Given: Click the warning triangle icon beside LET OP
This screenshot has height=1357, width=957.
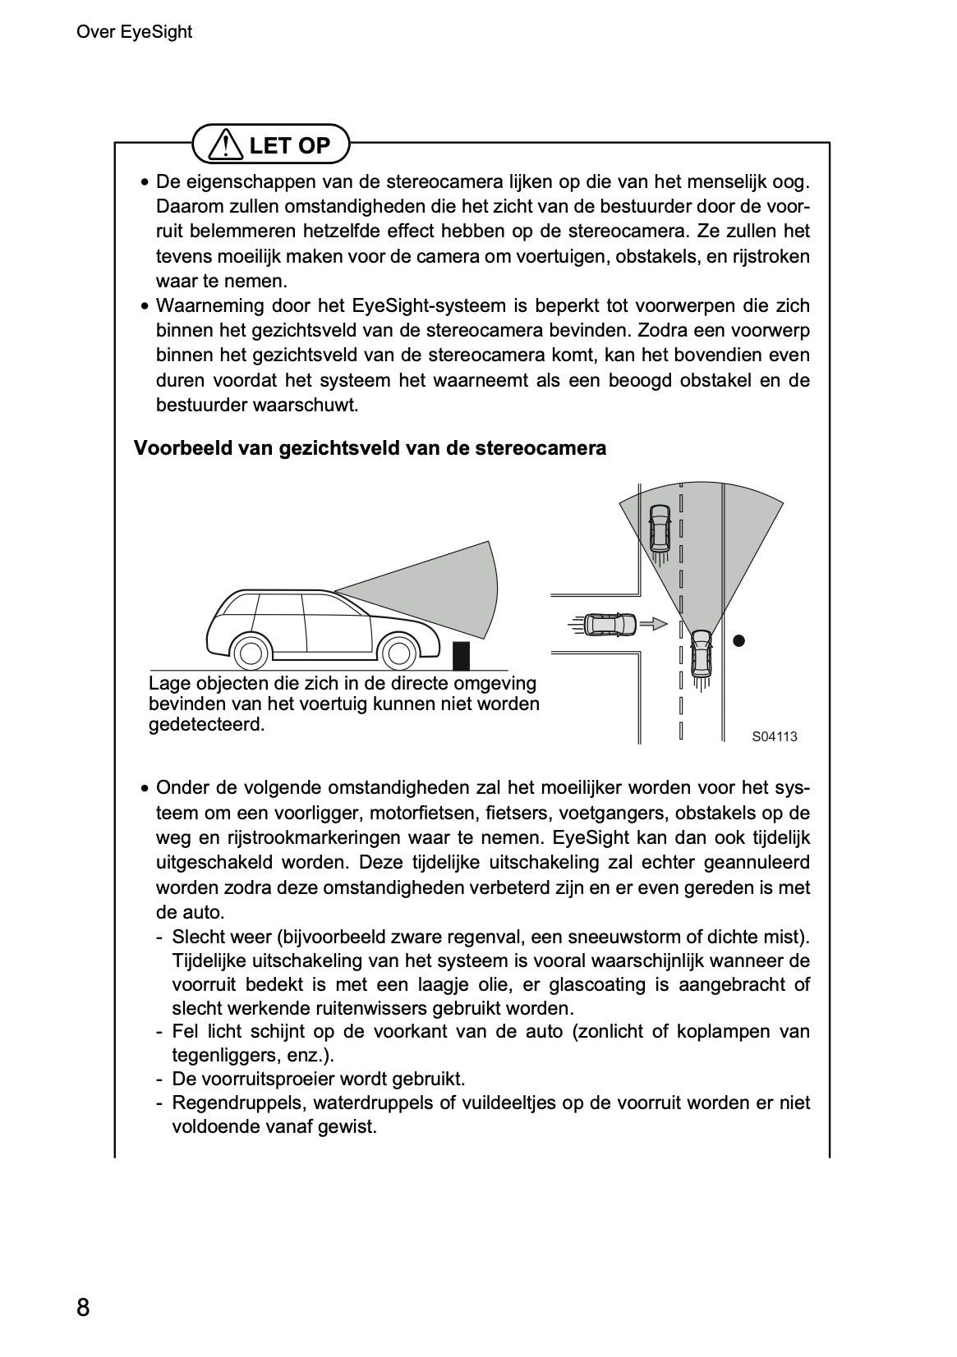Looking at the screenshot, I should click(223, 145).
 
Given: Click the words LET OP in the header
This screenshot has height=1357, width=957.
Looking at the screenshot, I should click(289, 146).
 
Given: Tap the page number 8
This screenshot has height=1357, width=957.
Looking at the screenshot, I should click(83, 1306).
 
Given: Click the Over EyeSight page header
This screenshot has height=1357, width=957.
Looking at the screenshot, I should click(134, 32).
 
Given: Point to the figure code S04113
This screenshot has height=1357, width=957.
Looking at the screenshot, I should click(774, 736).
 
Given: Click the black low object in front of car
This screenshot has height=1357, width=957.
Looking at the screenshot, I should click(462, 655).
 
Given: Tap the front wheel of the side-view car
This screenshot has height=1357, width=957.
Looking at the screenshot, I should click(398, 652).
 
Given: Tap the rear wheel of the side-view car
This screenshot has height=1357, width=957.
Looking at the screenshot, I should click(249, 652).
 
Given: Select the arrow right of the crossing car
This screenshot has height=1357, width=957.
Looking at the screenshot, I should click(653, 624).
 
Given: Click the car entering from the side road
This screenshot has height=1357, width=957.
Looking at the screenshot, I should click(609, 625).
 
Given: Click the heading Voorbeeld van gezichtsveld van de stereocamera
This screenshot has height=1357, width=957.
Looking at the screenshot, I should click(370, 448).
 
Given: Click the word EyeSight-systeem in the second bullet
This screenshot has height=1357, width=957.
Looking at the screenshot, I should click(417, 306).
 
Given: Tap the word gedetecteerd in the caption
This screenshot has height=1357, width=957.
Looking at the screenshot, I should click(206, 725).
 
